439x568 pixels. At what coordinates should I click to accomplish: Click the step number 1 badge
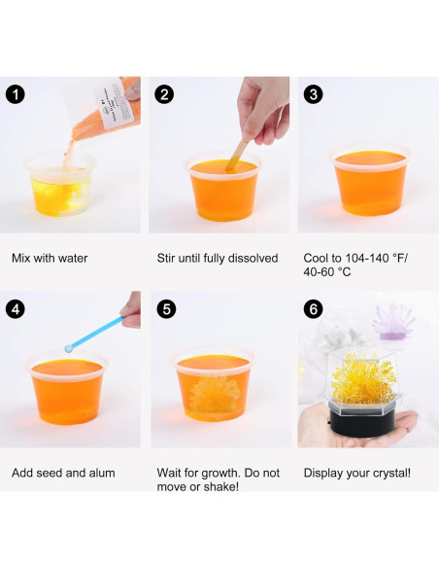[x=16, y=94]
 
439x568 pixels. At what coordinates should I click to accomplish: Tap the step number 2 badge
[x=164, y=94]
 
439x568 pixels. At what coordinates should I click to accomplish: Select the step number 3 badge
[x=313, y=94]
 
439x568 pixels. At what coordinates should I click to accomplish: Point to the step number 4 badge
[x=16, y=309]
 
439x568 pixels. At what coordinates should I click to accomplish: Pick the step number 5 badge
[x=166, y=309]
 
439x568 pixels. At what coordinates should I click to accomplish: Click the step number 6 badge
[x=313, y=309]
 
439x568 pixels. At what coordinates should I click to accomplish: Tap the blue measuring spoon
[x=94, y=334]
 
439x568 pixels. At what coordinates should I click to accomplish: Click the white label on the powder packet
[x=115, y=104]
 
